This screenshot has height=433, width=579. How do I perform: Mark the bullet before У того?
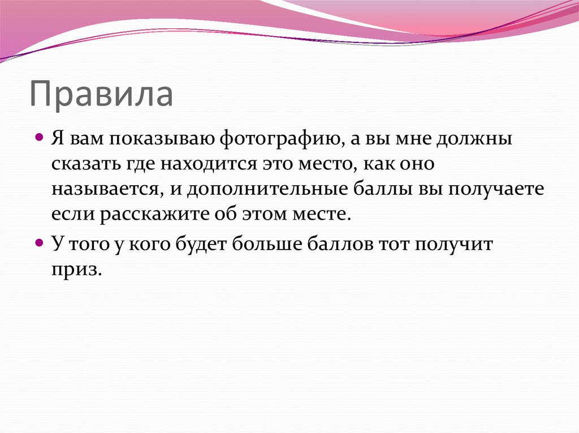(39, 242)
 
